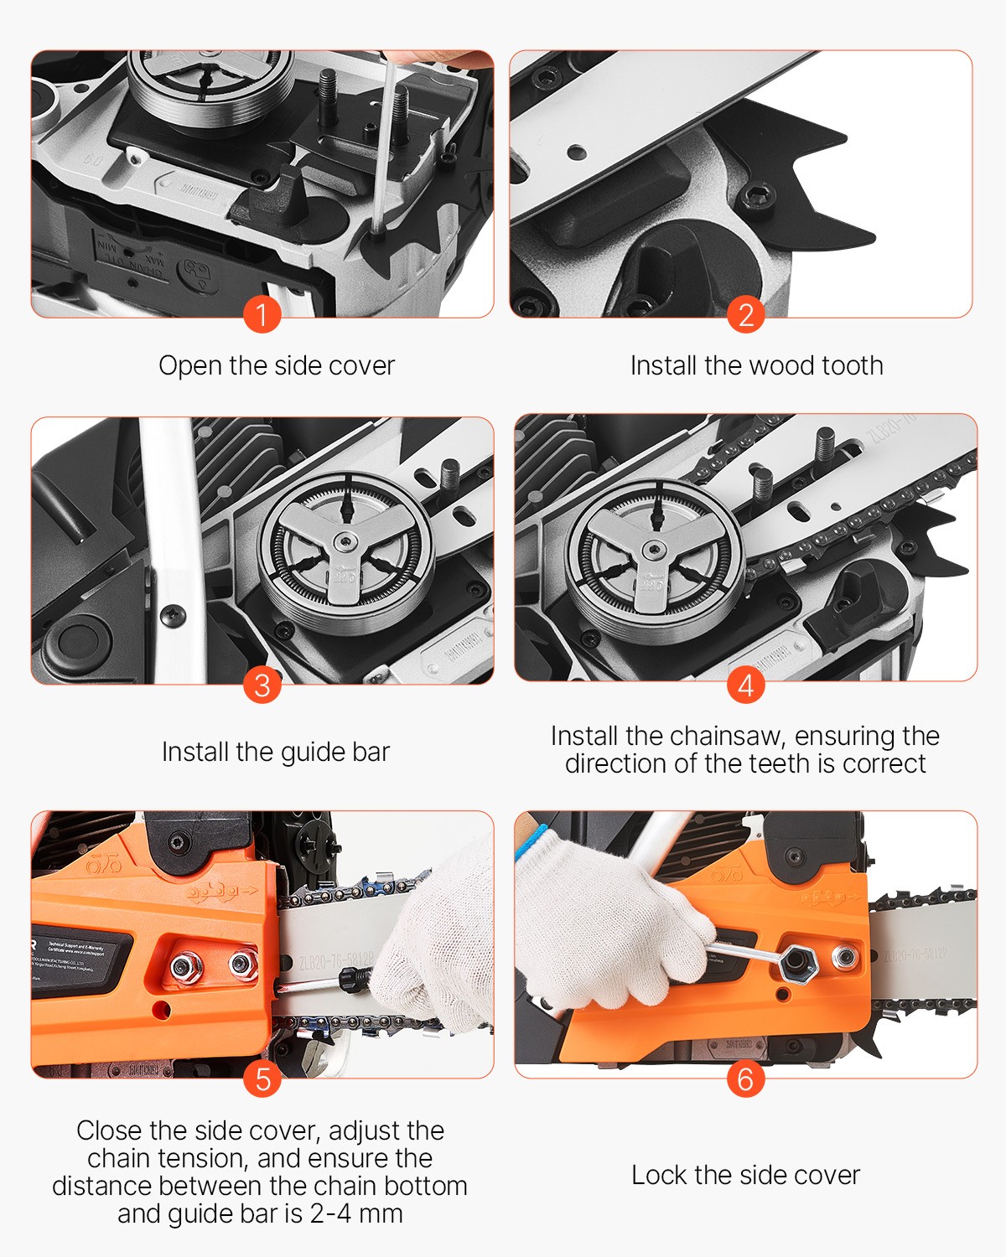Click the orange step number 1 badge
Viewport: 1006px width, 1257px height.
pos(262,315)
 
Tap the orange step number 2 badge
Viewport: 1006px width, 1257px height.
pos(745,315)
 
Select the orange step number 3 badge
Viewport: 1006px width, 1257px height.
pos(262,685)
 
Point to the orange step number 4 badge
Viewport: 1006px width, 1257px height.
pos(745,685)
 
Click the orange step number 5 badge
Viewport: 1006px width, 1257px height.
pos(262,1079)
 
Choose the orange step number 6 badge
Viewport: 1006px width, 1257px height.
pos(745,1079)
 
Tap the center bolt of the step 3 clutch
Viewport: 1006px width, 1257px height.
pos(345,545)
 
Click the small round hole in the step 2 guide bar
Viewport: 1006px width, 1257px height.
pos(576,153)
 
